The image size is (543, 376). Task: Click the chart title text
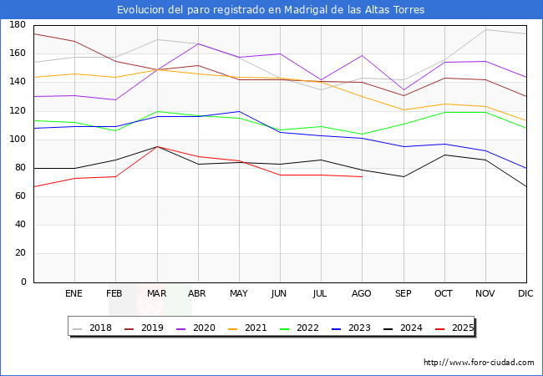pyautogui.click(x=271, y=10)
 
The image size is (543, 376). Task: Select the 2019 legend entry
pyautogui.click(x=147, y=328)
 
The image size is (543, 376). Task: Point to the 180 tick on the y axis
pyautogui.click(x=16, y=25)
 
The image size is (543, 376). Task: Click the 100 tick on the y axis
pyautogui.click(x=16, y=140)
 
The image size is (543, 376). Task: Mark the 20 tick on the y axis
pyautogui.click(x=18, y=253)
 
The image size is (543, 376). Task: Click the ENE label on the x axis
pyautogui.click(x=74, y=293)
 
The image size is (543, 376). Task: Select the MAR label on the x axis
pyautogui.click(x=156, y=293)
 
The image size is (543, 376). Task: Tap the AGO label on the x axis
pyautogui.click(x=362, y=293)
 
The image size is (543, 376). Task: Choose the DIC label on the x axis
pyautogui.click(x=525, y=293)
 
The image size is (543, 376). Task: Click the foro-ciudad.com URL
pyautogui.click(x=479, y=363)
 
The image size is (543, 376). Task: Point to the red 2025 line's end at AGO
pyautogui.click(x=362, y=176)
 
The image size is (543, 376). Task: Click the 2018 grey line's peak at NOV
pyautogui.click(x=485, y=29)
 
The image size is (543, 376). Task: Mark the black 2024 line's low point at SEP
pyautogui.click(x=403, y=176)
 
